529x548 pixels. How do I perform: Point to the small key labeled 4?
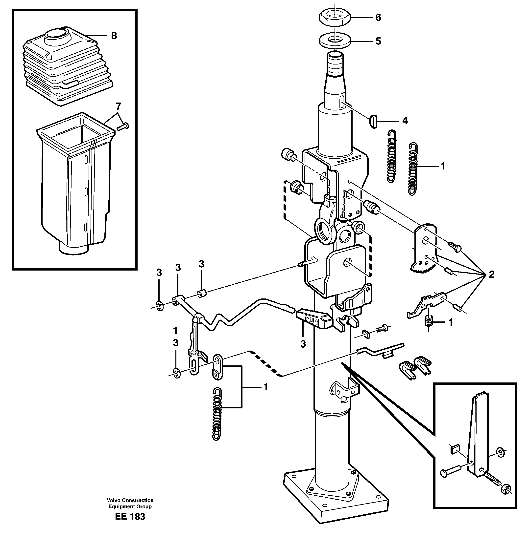(x=374, y=122)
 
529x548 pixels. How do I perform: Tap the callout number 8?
(x=114, y=36)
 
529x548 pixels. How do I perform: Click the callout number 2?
(x=491, y=274)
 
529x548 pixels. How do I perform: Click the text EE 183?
(x=130, y=516)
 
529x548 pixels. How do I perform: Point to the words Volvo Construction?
(x=130, y=500)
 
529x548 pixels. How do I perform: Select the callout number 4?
(x=405, y=121)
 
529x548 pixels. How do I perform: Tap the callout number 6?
(x=378, y=18)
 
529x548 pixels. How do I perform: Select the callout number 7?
(x=119, y=106)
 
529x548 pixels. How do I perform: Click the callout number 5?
(x=378, y=41)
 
